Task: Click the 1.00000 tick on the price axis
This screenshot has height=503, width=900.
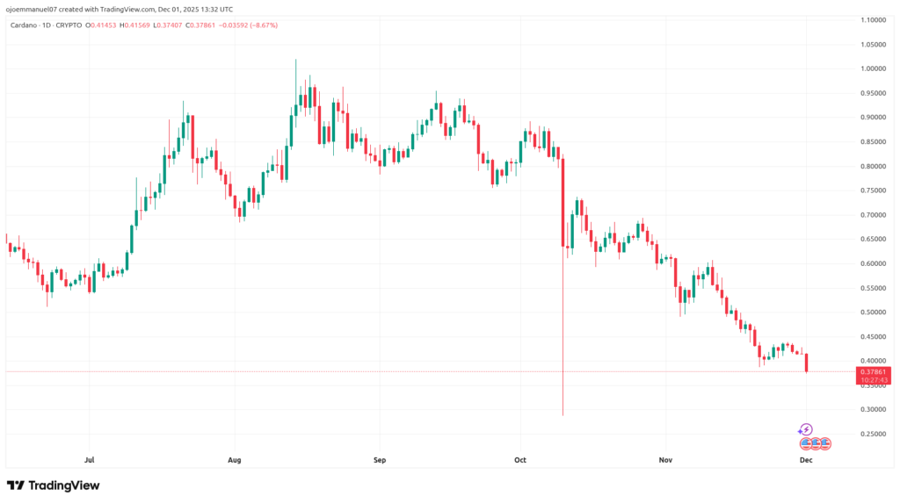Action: pos(874,68)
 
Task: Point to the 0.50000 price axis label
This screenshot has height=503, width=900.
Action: pos(874,312)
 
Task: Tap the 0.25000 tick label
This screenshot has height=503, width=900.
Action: pos(874,434)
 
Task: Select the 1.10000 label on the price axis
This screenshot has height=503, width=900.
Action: pos(874,19)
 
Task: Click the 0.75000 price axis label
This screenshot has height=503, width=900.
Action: pos(874,190)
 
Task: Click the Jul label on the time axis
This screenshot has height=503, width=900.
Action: pos(89,459)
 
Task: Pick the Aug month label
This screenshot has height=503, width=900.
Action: pos(234,459)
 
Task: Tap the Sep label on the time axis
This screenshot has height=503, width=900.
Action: pos(380,459)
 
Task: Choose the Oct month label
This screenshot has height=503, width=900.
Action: pos(520,459)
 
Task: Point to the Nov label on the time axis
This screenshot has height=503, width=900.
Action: pos(665,459)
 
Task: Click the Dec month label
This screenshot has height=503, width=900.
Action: pos(806,459)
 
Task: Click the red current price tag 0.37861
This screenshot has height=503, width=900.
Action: pos(875,371)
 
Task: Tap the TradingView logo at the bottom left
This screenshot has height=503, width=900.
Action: pos(54,485)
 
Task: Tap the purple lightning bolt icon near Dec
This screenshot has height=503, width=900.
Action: pos(806,429)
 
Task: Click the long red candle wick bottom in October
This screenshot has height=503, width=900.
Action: pos(562,414)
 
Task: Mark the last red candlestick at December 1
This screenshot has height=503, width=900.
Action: pos(807,363)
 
